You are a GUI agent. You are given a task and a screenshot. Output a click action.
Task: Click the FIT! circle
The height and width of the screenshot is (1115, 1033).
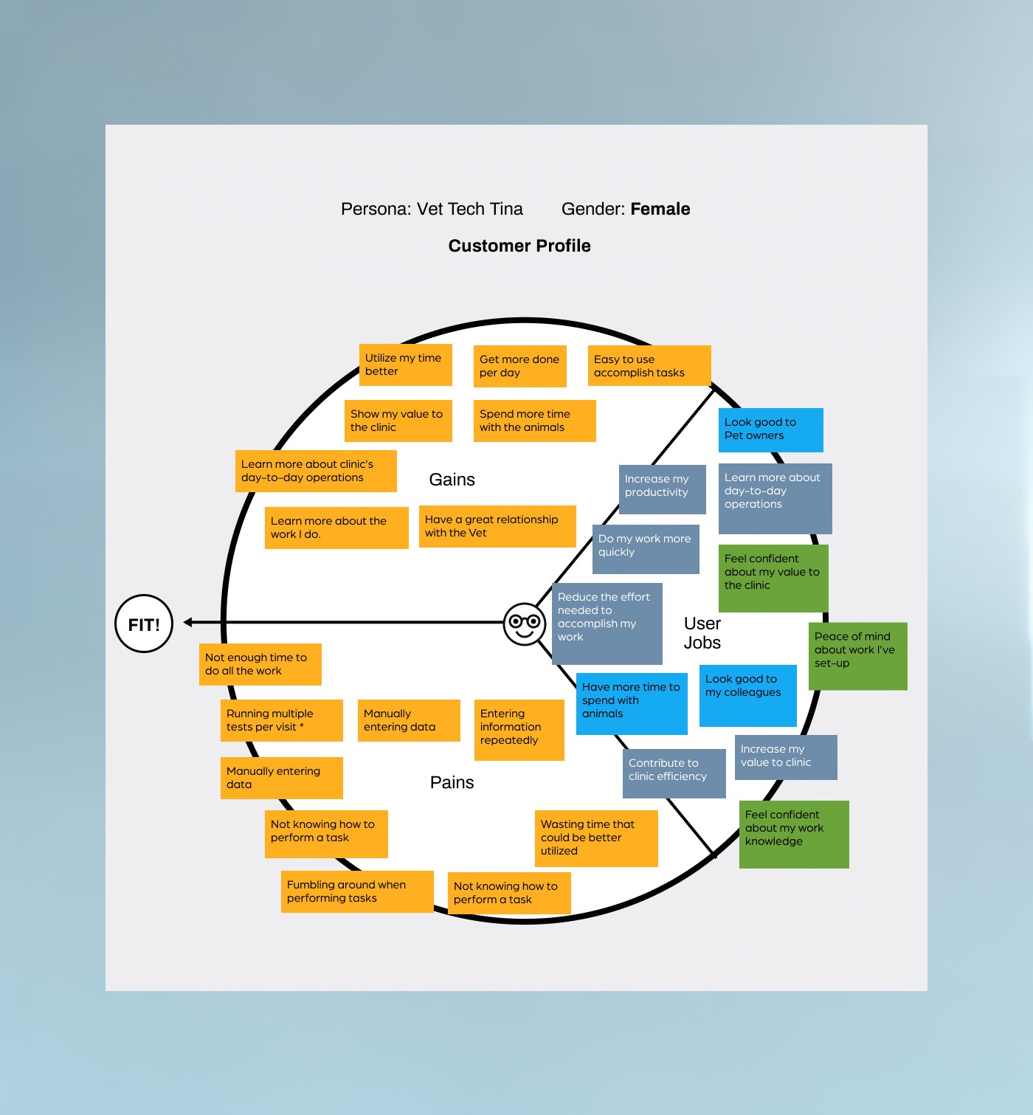[x=144, y=624]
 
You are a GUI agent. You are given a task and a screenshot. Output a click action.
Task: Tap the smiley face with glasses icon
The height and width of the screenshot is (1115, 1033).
[x=525, y=624]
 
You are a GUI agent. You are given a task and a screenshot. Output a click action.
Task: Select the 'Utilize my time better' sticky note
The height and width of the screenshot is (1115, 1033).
[x=405, y=365]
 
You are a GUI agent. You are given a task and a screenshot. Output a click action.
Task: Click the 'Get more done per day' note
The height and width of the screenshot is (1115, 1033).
[x=519, y=366]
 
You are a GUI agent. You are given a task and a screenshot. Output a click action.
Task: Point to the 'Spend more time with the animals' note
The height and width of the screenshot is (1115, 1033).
[x=534, y=421]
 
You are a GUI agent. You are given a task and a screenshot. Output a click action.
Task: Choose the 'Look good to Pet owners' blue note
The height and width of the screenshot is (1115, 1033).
[x=770, y=429]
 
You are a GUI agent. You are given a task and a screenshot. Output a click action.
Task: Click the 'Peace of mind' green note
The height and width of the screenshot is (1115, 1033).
[x=857, y=655]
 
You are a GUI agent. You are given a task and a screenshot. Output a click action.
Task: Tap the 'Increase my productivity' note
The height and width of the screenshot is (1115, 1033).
[x=661, y=489]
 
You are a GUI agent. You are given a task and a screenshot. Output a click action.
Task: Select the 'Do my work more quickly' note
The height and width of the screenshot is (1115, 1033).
[x=645, y=548]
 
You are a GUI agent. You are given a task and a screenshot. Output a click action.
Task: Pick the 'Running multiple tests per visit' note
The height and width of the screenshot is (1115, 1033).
[x=281, y=720]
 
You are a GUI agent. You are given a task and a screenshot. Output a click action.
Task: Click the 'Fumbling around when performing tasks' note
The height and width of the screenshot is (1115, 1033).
[x=356, y=891]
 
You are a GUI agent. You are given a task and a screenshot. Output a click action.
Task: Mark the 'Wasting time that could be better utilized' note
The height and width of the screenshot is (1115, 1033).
[x=595, y=838]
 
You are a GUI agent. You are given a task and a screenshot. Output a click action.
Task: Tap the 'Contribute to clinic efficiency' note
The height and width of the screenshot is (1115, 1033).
[x=674, y=773]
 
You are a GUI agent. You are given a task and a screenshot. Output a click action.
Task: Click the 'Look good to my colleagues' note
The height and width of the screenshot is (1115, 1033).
[x=747, y=695]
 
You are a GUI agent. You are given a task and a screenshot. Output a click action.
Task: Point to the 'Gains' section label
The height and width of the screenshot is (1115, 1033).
[x=452, y=480]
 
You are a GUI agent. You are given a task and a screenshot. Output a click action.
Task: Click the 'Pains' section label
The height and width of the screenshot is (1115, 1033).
[x=452, y=782]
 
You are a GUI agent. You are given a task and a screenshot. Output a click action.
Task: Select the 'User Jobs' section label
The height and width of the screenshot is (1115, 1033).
[x=702, y=633]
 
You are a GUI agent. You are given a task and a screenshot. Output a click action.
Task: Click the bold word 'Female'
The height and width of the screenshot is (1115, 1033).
[x=660, y=209]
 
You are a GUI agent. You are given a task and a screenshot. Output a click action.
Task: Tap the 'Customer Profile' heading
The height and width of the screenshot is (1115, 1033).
[x=519, y=246]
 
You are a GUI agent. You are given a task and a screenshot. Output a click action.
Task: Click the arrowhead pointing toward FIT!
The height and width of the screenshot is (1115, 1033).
[x=189, y=623]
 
